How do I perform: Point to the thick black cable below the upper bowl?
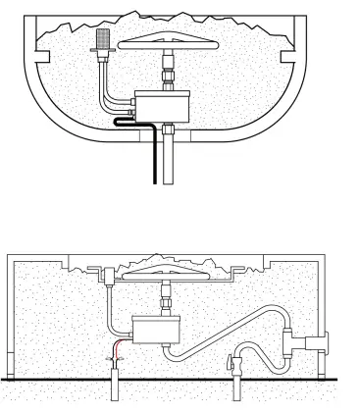click(150, 157)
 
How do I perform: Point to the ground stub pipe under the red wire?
click(115, 387)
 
